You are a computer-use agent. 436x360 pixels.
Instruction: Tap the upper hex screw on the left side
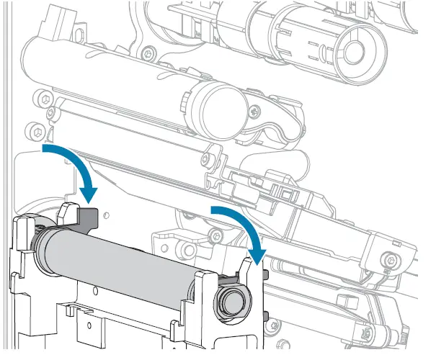click(x=48, y=97)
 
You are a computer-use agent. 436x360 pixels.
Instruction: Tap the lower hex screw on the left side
click(x=37, y=130)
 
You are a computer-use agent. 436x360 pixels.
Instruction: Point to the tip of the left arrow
click(x=89, y=199)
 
